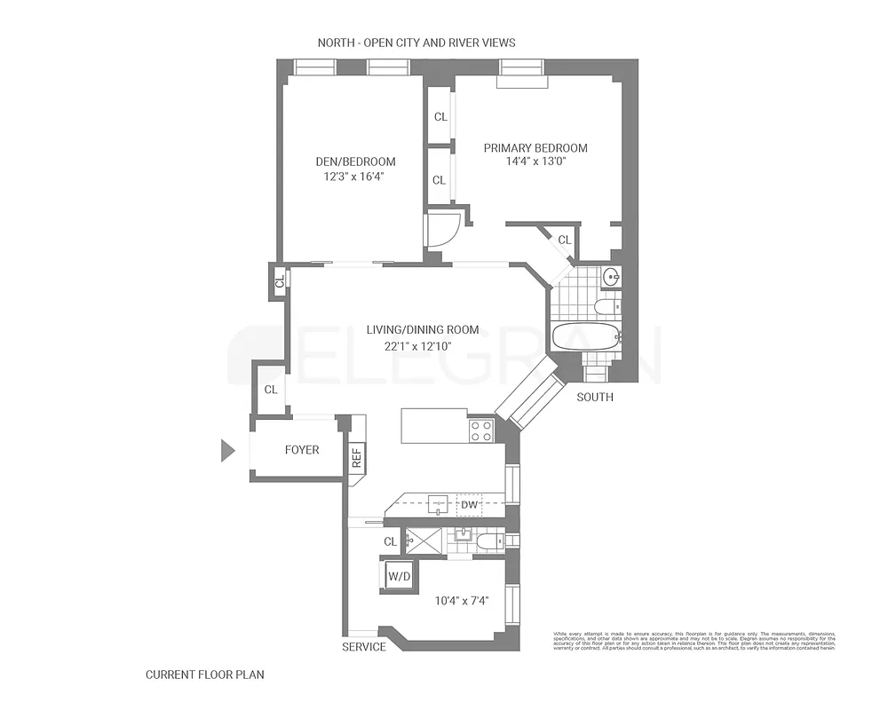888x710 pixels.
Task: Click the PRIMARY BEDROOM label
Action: pyautogui.click(x=535, y=148)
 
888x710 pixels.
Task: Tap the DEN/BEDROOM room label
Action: pyautogui.click(x=355, y=162)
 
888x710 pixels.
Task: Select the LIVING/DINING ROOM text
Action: pyautogui.click(x=419, y=329)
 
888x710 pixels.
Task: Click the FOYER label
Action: pyautogui.click(x=302, y=450)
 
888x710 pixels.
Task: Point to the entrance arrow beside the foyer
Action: pyautogui.click(x=227, y=451)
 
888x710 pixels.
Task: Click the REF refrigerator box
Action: pyautogui.click(x=356, y=456)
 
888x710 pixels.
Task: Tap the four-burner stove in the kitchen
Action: pyautogui.click(x=480, y=431)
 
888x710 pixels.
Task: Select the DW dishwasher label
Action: pyautogui.click(x=469, y=506)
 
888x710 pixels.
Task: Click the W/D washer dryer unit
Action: pyautogui.click(x=398, y=576)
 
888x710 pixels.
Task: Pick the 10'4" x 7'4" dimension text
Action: pyautogui.click(x=462, y=601)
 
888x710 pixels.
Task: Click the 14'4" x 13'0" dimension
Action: pyautogui.click(x=535, y=162)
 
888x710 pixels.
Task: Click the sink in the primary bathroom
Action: pyautogui.click(x=611, y=277)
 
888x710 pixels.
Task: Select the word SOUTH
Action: pyautogui.click(x=594, y=397)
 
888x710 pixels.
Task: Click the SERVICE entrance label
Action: pyautogui.click(x=364, y=647)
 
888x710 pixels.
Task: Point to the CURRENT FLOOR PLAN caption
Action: pyautogui.click(x=204, y=674)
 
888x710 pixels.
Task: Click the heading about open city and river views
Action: pyautogui.click(x=416, y=43)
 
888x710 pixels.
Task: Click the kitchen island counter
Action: pyautogui.click(x=433, y=425)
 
